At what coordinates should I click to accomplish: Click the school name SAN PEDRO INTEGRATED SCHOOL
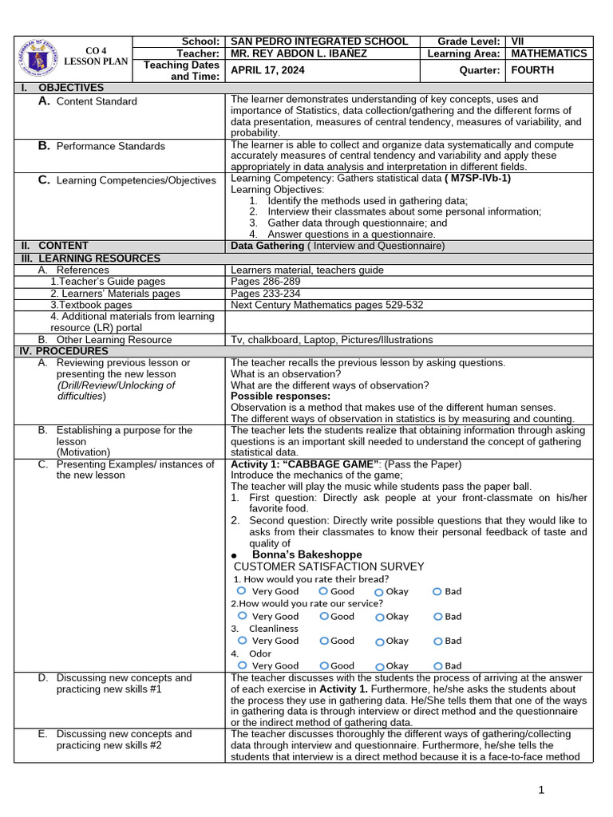[x=318, y=41]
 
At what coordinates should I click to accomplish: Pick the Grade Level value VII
[x=518, y=41]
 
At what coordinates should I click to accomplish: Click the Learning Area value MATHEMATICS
[x=548, y=53]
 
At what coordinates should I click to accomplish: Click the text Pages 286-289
[x=265, y=282]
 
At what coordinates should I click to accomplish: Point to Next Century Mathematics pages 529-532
[x=326, y=305]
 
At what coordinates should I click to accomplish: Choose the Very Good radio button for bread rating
[x=241, y=590]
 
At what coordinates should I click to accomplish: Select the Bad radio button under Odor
[x=437, y=665]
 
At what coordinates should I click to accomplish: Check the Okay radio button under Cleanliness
[x=379, y=641]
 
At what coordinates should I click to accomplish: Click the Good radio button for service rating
[x=323, y=615]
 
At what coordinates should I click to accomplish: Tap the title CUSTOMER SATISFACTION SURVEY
[x=328, y=566]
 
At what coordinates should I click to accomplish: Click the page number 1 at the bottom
[x=541, y=790]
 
